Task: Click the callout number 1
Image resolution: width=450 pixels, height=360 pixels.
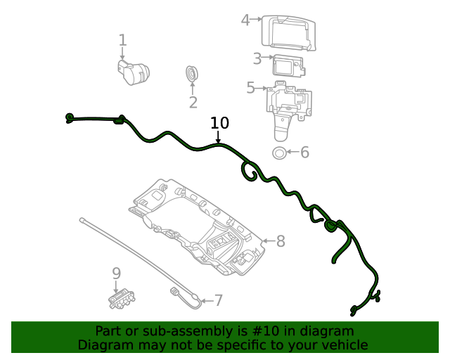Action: click(x=122, y=40)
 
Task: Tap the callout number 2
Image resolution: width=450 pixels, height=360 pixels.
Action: click(x=193, y=103)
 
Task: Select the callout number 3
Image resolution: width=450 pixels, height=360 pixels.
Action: click(x=257, y=58)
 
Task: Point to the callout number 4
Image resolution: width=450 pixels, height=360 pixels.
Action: click(x=245, y=20)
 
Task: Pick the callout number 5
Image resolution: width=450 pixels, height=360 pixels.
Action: click(x=250, y=88)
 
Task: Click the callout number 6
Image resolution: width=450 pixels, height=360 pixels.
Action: click(x=304, y=153)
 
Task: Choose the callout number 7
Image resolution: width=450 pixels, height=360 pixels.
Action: click(x=218, y=301)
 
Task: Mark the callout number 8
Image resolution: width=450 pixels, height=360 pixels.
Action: click(x=280, y=242)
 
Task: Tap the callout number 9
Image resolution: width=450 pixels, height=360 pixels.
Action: click(x=117, y=273)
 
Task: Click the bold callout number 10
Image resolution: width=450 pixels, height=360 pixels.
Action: click(x=219, y=123)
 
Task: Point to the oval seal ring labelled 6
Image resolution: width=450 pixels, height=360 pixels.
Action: click(x=279, y=153)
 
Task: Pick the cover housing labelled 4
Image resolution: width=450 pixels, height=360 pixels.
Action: click(x=288, y=32)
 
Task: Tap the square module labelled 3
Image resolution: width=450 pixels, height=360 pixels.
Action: click(x=288, y=65)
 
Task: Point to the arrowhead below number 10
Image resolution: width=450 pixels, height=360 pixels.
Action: click(x=218, y=142)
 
